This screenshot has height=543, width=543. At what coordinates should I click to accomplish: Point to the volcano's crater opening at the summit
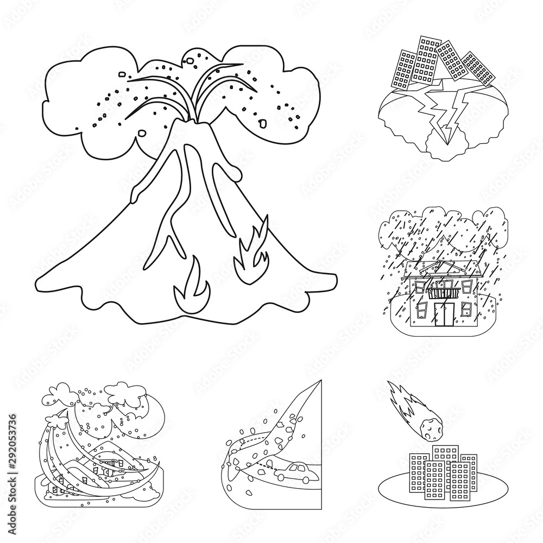[183, 111]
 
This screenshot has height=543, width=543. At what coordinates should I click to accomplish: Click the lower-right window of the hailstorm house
[465, 310]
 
